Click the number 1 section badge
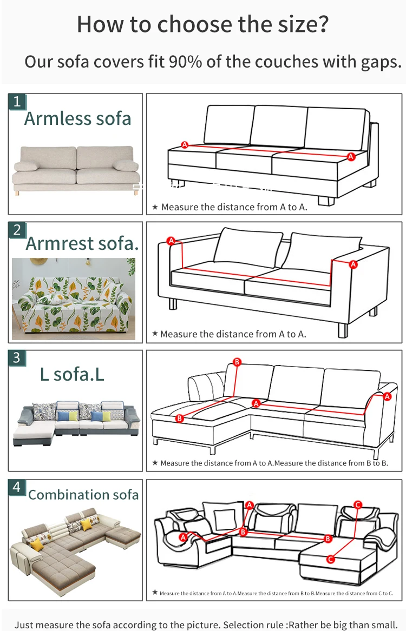17,102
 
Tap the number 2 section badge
17,230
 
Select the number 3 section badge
17,358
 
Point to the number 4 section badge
17,487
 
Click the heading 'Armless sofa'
77,118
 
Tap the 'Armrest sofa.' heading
82,244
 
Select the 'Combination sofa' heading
83,495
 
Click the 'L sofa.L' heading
72,374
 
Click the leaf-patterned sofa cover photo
74,299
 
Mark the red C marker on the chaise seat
331,559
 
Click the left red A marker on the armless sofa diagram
185,144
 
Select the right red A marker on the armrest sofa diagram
353,264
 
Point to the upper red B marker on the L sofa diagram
237,361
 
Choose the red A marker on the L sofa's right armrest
387,396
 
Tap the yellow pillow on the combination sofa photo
36,544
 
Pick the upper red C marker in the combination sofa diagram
357,504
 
